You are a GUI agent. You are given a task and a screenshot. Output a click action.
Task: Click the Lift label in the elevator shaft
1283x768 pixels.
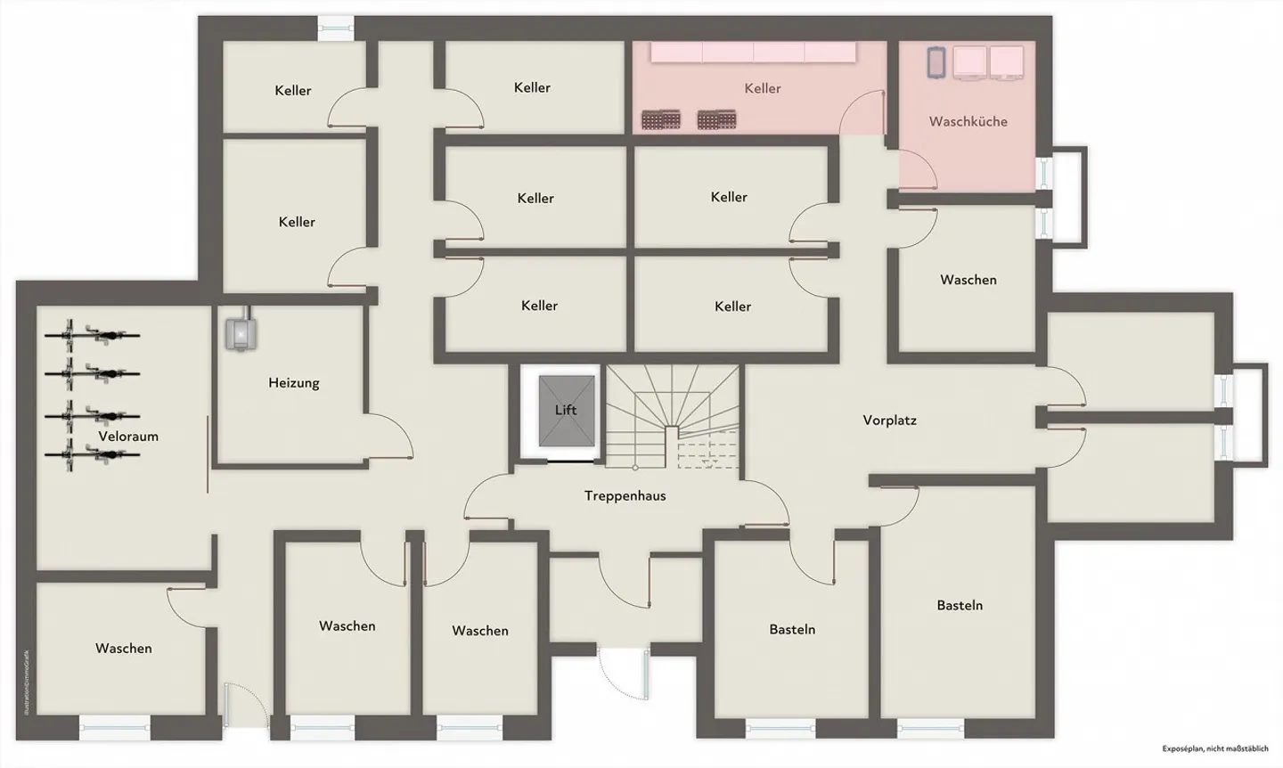point(566,410)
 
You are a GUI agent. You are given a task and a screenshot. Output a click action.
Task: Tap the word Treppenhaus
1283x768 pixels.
point(625,495)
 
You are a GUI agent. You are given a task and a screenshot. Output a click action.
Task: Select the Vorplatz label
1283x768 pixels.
point(889,420)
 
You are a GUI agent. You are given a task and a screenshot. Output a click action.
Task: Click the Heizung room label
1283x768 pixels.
point(293,383)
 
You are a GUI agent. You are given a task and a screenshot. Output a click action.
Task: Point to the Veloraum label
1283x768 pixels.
point(128,437)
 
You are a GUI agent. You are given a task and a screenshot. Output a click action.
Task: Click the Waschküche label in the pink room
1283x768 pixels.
point(968,121)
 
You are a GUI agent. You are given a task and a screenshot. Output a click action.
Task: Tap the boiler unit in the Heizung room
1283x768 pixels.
point(241,332)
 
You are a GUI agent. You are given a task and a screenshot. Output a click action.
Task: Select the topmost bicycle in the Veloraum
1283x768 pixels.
point(93,336)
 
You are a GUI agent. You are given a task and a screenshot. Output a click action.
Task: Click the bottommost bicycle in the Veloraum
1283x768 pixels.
point(93,455)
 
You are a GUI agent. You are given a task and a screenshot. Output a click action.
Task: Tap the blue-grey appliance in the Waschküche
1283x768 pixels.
point(936,61)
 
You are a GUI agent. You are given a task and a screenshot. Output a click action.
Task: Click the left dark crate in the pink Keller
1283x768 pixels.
point(661,119)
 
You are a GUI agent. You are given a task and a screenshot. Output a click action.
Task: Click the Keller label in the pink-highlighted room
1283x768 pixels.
point(762,88)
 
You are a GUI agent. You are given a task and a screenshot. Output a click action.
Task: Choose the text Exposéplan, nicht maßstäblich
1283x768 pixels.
point(1215,749)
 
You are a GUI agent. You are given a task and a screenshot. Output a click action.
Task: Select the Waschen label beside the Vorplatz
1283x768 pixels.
point(968,280)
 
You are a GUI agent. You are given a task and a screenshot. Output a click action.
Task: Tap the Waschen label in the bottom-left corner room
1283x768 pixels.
point(123,648)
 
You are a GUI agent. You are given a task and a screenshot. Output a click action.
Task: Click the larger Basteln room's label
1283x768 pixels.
point(960,605)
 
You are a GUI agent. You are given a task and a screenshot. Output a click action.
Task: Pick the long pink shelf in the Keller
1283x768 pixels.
point(753,53)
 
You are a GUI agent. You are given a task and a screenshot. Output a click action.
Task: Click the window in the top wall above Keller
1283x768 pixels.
point(336,29)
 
